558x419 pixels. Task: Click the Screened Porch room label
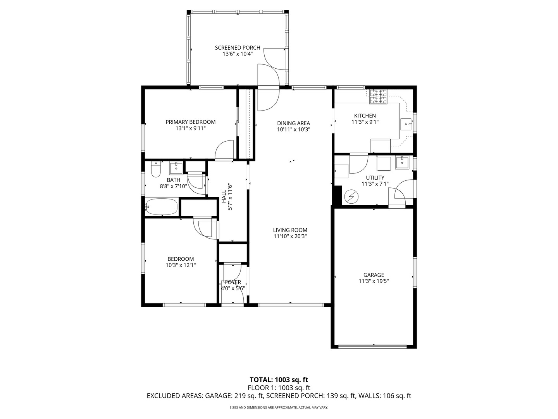pos(238,48)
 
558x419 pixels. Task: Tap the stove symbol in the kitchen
pos(378,97)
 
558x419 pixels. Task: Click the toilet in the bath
pos(155,169)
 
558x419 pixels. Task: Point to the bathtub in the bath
pos(162,207)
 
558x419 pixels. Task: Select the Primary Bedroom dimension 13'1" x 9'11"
pos(190,128)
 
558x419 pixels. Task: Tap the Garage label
pos(374,275)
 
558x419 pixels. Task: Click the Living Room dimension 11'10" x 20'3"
pos(290,236)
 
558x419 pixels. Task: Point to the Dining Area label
pos(293,123)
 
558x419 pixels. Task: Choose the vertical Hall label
pos(224,197)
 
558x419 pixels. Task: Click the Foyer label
pos(233,282)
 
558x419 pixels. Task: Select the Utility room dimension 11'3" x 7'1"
pos(375,184)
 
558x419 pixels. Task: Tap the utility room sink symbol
pos(402,163)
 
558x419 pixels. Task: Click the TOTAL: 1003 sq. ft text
pos(279,379)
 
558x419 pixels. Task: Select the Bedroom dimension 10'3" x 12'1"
pos(181,265)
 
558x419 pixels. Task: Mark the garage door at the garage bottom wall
pos(374,346)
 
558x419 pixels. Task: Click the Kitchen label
pos(365,116)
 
